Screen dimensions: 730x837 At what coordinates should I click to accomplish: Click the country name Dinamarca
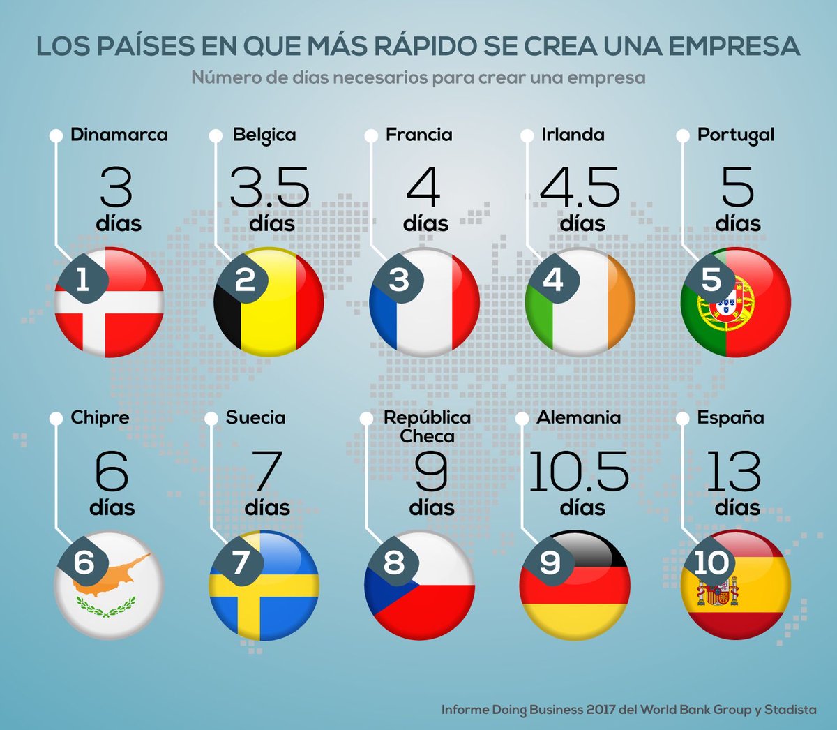(119, 135)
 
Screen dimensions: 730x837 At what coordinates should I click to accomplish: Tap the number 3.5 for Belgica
(269, 187)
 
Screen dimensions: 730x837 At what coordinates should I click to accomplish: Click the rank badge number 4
(552, 280)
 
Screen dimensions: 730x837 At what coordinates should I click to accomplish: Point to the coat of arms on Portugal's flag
(729, 306)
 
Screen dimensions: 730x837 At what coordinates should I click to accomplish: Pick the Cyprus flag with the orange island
(110, 585)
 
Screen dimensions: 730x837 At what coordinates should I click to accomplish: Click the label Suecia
(255, 417)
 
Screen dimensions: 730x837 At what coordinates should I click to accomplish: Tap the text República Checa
(427, 426)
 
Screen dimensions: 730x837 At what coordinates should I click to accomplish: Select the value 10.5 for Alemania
(578, 471)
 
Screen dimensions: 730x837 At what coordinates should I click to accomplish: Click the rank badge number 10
(711, 563)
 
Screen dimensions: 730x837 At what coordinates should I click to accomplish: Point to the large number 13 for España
(733, 471)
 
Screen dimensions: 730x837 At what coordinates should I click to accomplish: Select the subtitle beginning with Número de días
(418, 77)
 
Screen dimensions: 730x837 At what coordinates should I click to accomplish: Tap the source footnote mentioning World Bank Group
(628, 709)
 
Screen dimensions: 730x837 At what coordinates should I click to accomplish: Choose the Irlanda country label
(573, 135)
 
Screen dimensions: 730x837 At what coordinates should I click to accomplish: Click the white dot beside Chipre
(56, 418)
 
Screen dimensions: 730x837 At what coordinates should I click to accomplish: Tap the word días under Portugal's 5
(737, 223)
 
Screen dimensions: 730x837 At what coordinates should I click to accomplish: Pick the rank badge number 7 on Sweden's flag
(239, 563)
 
